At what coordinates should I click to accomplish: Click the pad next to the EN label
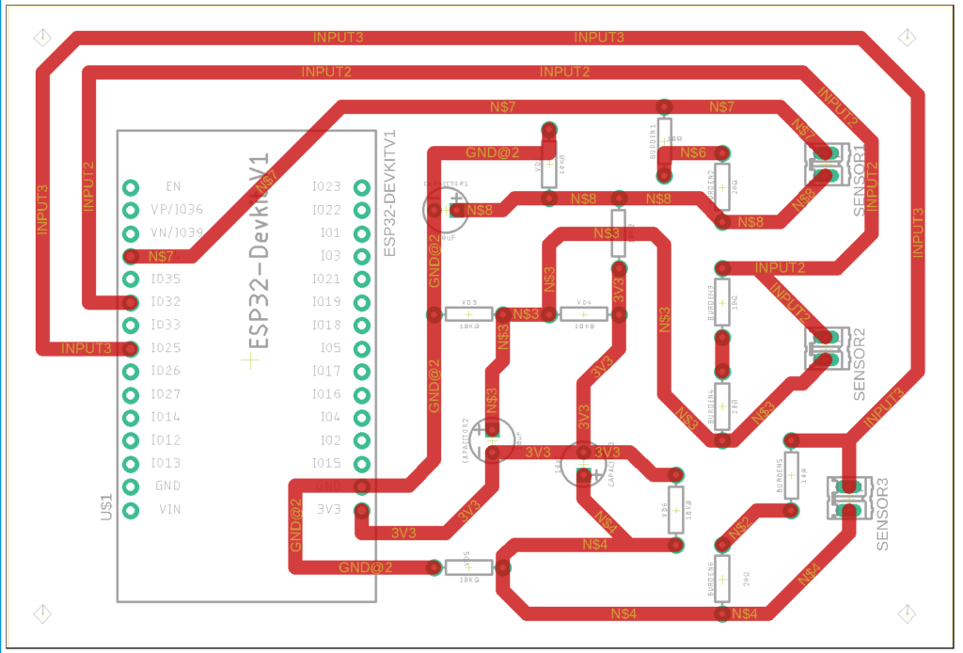tap(131, 186)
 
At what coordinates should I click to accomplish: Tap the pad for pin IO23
tap(361, 187)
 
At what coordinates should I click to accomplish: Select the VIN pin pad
tap(131, 510)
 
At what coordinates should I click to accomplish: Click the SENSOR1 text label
tap(860, 182)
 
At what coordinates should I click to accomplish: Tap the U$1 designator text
tap(105, 508)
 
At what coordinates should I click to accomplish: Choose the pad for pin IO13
tap(131, 464)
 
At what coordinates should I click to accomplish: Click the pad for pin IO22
tap(361, 210)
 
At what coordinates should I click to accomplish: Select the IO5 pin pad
tap(361, 348)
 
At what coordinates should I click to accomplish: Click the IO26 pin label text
tap(165, 371)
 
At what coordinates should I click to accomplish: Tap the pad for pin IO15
tap(361, 464)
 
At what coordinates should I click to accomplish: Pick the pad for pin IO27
tap(131, 394)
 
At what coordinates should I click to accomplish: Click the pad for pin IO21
tap(361, 279)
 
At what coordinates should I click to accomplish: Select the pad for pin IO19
tap(361, 302)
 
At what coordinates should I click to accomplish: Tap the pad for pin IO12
tap(131, 440)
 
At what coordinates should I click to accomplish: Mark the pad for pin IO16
tap(361, 394)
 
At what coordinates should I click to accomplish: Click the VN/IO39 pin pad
tap(131, 232)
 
